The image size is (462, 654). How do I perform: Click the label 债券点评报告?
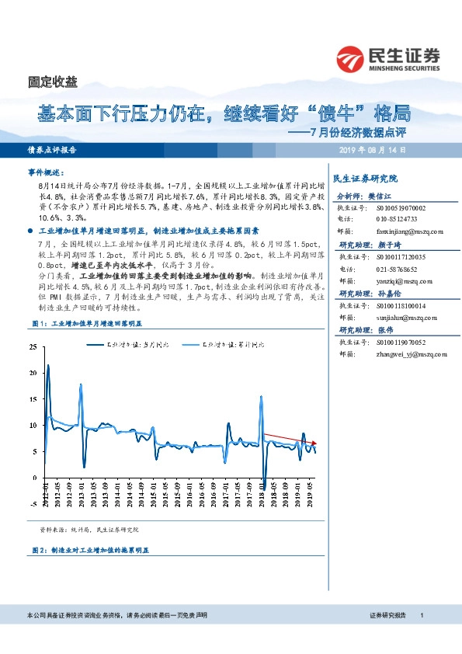pyautogui.click(x=52, y=150)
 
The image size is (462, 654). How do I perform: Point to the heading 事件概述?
pyautogui.click(x=45, y=172)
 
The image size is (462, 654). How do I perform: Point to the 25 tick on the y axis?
pyautogui.click(x=32, y=346)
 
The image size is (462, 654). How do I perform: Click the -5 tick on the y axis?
pyautogui.click(x=32, y=503)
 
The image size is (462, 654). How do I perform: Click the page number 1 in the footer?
pyautogui.click(x=421, y=614)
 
